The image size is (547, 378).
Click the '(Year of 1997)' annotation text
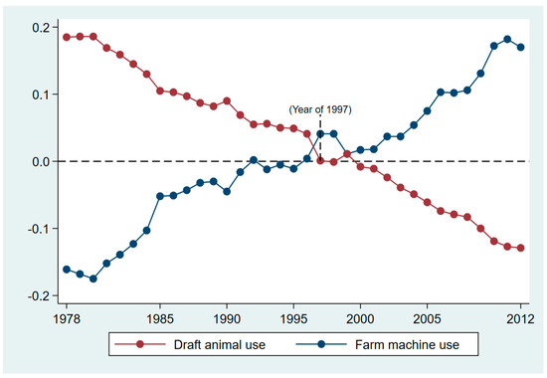(x=320, y=108)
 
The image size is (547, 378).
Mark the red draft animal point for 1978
(x=68, y=37)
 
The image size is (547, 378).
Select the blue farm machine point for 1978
(x=68, y=270)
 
